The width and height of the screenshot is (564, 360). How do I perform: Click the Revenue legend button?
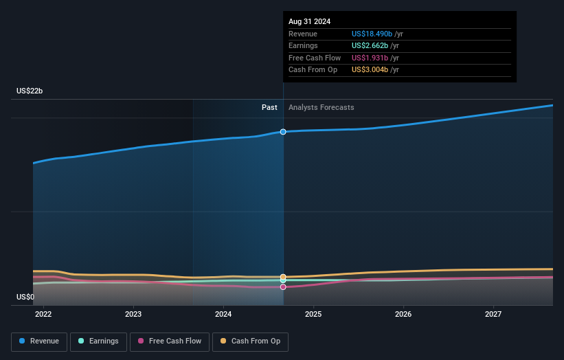tap(40, 341)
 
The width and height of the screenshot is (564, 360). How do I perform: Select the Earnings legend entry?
tap(98, 341)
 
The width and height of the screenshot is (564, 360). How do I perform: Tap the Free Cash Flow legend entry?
tap(169, 341)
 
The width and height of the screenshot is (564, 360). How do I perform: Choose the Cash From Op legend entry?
tap(250, 341)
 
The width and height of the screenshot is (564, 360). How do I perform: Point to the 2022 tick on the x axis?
tap(43, 314)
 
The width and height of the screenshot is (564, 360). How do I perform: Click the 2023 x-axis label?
tap(133, 314)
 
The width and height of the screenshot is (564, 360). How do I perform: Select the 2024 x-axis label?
tap(223, 314)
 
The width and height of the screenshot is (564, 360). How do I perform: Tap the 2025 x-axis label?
tap(313, 314)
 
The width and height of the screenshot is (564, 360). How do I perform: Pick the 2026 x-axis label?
tap(403, 314)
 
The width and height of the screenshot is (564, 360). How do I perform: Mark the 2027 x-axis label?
tap(493, 314)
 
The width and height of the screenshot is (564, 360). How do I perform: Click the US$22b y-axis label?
tap(30, 91)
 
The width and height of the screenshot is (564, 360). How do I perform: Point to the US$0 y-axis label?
tap(26, 297)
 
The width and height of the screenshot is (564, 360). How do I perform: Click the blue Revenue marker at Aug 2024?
tap(283, 131)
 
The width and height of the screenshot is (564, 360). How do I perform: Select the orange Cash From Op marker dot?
tap(283, 277)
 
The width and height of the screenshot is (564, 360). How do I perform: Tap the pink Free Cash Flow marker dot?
tap(283, 286)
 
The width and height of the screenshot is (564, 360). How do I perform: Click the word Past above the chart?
tap(269, 107)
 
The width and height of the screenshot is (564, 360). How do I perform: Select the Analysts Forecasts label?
tap(322, 107)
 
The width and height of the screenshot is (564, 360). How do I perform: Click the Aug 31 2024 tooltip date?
tap(309, 21)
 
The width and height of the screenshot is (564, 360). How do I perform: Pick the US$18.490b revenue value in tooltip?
tap(372, 34)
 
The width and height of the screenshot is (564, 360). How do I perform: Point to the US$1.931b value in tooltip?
tap(370, 58)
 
